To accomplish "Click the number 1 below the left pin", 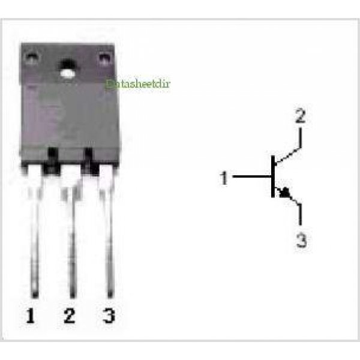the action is click(31, 316).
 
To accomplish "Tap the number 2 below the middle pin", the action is click(70, 316).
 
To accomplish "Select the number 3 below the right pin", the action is click(109, 316).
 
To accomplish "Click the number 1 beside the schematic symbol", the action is click(224, 178).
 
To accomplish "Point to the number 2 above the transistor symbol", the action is click(301, 116).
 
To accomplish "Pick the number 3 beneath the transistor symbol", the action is click(301, 240).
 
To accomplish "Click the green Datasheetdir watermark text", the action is click(138, 83).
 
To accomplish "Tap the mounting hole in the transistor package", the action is click(68, 68).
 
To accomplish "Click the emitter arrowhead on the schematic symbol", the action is click(284, 193).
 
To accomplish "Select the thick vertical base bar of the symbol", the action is click(273, 176).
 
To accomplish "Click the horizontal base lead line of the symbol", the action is click(252, 176).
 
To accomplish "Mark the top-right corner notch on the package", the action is click(104, 59).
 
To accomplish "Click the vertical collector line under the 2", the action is click(301, 138).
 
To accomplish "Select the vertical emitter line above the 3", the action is click(300, 214).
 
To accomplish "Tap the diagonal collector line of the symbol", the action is click(287, 156).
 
